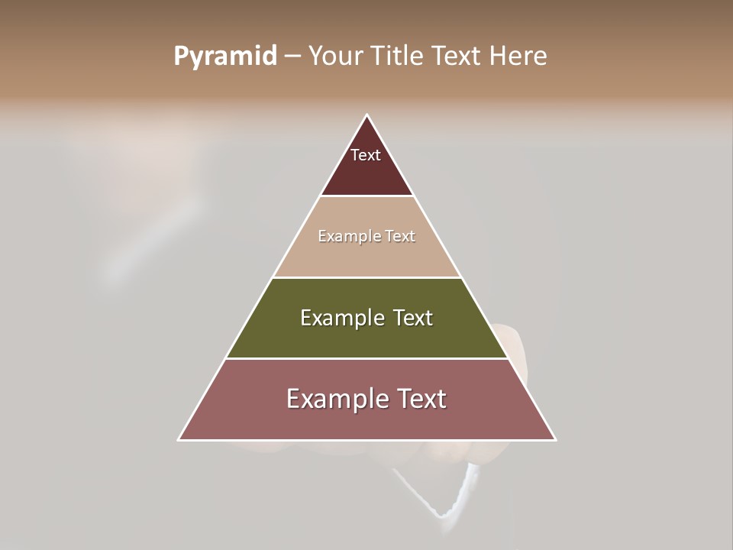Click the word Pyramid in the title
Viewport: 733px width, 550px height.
pos(224,57)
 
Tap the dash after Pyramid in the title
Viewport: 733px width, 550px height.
pos(292,57)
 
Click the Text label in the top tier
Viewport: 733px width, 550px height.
pos(366,155)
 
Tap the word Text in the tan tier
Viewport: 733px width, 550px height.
pos(400,237)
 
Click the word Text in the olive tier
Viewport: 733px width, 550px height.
pos(413,318)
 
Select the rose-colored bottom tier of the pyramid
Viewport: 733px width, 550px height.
pos(366,421)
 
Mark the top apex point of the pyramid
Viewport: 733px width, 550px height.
pos(367,115)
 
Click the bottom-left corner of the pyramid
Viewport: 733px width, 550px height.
pos(179,440)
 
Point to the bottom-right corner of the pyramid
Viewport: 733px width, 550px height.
pos(555,440)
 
